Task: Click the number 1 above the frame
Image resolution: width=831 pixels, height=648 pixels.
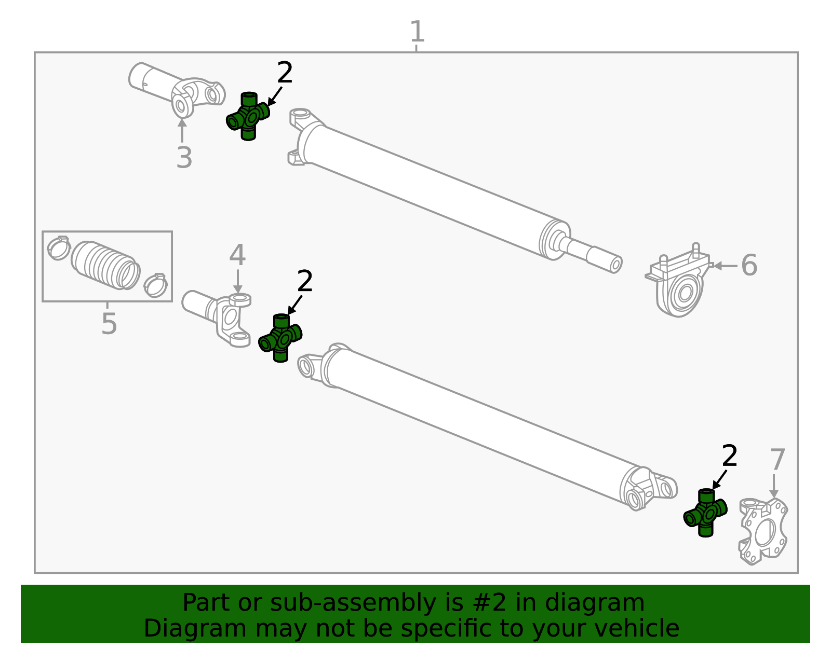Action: coord(417,32)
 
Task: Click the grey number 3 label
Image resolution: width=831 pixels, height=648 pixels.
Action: coord(184,158)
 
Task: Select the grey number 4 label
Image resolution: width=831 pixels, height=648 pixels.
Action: coord(237,256)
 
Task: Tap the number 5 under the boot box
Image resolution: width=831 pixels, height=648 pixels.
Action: coord(109,324)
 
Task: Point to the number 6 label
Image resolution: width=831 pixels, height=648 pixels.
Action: coord(749,266)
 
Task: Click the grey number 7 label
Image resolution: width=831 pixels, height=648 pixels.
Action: coord(778,460)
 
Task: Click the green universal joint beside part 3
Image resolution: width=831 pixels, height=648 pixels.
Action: coord(248,116)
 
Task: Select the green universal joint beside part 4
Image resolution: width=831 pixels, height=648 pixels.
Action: coord(280,338)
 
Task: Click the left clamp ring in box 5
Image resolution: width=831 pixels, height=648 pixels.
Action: coord(58,247)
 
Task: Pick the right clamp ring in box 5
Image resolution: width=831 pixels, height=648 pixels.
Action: coord(155,284)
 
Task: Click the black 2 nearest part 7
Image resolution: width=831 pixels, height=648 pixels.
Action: coord(729,457)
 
